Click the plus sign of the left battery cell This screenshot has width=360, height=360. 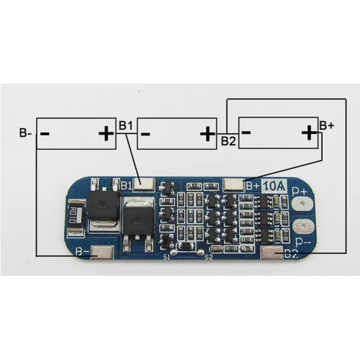pos(106,133)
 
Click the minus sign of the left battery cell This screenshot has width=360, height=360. pos(45,133)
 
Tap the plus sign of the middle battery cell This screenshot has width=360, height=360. pos(207,133)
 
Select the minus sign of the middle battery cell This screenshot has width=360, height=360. pos(145,133)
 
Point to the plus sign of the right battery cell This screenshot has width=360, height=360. pos(309,132)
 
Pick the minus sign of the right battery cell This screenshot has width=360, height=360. pos(246,132)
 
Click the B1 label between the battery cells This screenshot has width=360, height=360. pos(126,127)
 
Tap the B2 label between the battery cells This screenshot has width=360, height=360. pos(228,140)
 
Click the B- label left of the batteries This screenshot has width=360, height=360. pos(25,133)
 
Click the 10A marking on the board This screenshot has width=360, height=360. pos(274,186)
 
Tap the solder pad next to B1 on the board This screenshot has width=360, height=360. pos(144,185)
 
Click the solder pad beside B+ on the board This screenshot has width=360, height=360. pos(235,184)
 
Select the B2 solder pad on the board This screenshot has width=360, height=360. pos(273,252)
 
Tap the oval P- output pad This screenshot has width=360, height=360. pos(302,229)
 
